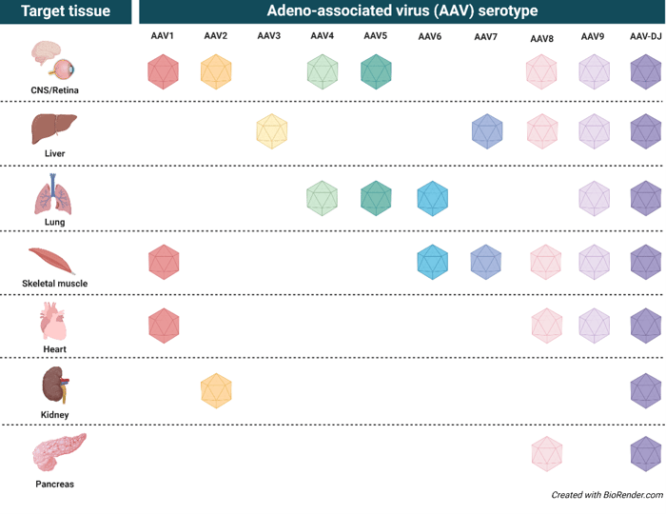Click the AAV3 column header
[269, 35]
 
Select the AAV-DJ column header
[646, 36]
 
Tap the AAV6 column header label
[429, 36]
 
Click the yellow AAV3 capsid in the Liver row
[272, 131]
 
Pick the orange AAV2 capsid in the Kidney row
[216, 391]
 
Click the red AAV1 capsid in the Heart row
[164, 326]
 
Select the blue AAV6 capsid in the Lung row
[432, 198]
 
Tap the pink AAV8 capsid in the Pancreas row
[547, 454]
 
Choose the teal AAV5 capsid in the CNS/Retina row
[376, 71]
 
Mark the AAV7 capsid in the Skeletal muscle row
[486, 262]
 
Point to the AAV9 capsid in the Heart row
[595, 326]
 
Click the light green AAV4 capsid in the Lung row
[322, 198]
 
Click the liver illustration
[54, 128]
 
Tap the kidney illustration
[55, 385]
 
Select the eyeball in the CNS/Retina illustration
[64, 68]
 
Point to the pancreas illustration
[59, 452]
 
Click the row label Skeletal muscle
[55, 284]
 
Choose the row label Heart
[55, 349]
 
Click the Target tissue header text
[66, 11]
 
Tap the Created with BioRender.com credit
[607, 495]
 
